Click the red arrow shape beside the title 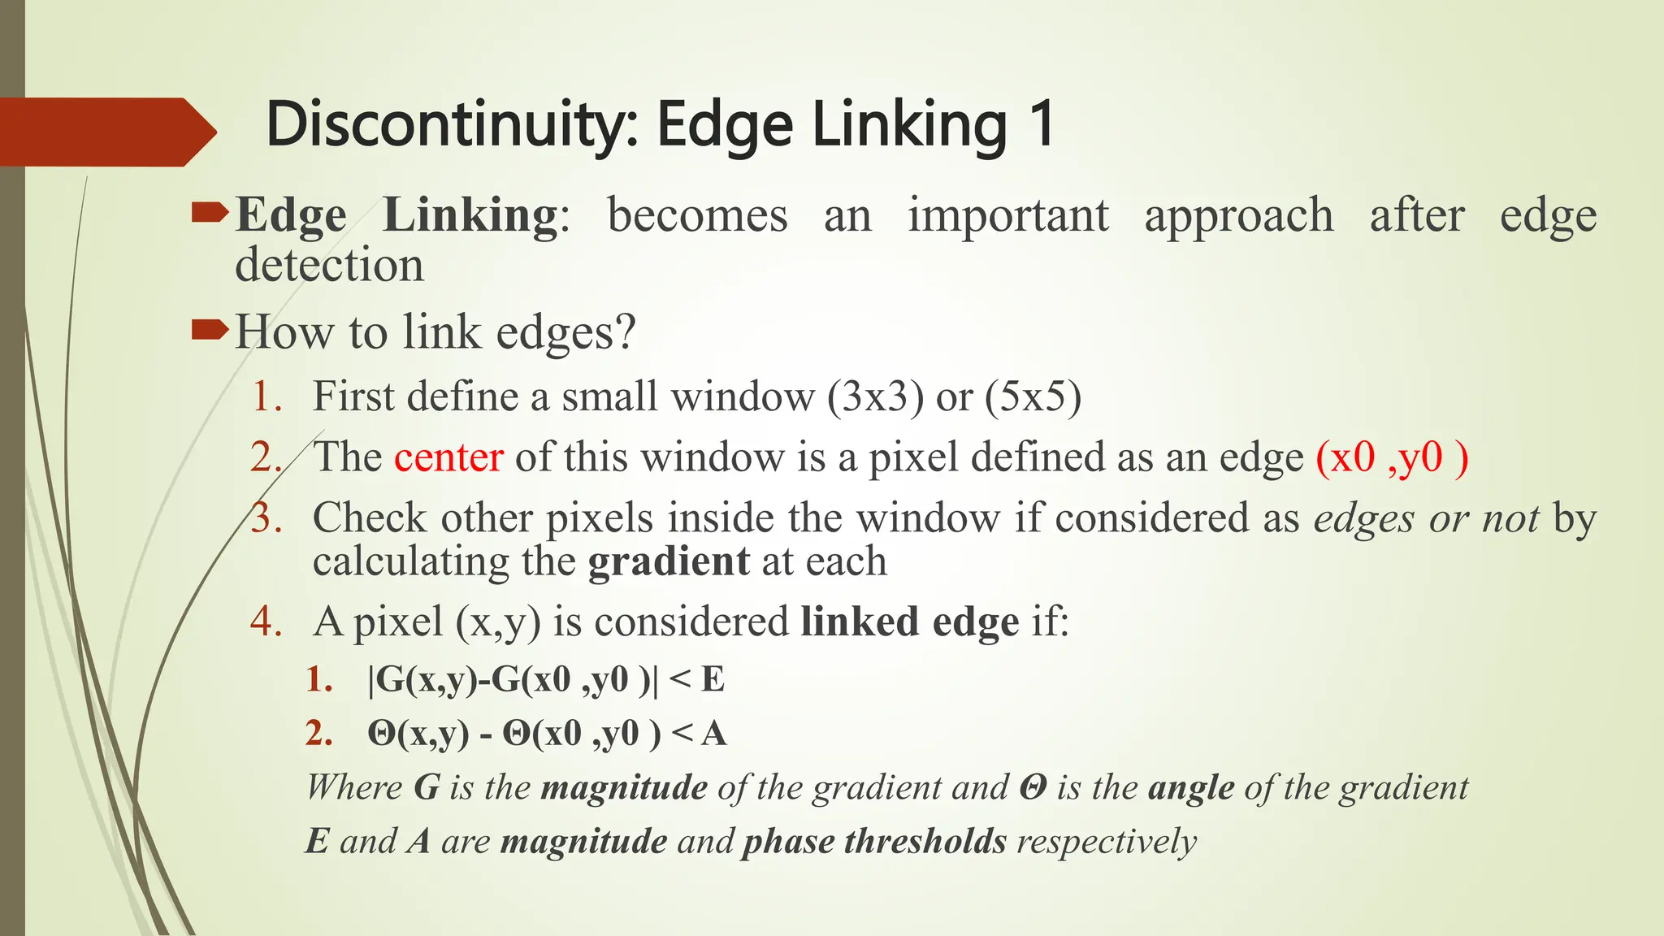pyautogui.click(x=106, y=132)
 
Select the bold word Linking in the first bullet pyautogui.click(x=470, y=216)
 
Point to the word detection pyautogui.click(x=329, y=266)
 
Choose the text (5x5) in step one pyautogui.click(x=1033, y=397)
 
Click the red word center pyautogui.click(x=448, y=457)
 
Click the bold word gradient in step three pyautogui.click(x=669, y=561)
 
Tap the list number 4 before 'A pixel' pyautogui.click(x=266, y=622)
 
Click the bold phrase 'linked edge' pyautogui.click(x=909, y=622)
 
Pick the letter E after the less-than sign pyautogui.click(x=713, y=679)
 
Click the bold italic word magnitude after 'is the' pyautogui.click(x=624, y=788)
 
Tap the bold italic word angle pyautogui.click(x=1191, y=788)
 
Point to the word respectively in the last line pyautogui.click(x=1107, y=842)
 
